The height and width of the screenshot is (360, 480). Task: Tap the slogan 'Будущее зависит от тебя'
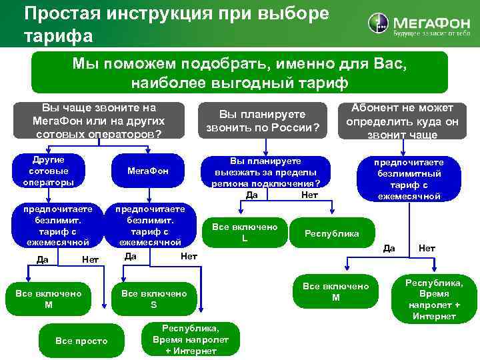pos(431,33)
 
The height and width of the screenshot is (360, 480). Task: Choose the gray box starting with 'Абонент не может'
pos(401,121)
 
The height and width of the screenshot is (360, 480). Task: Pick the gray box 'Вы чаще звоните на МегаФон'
pos(98,121)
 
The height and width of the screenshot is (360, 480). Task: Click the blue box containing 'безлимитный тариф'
pos(408,179)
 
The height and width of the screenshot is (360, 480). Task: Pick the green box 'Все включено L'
pos(244,232)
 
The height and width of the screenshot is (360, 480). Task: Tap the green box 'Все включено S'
pos(153,299)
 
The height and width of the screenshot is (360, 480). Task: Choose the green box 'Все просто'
pos(81,341)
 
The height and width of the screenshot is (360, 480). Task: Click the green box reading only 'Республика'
pos(331,233)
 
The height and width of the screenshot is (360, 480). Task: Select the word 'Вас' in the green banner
pos(389,65)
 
